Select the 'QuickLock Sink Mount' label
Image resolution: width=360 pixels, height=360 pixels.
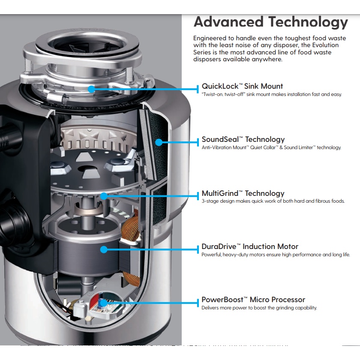(242, 86)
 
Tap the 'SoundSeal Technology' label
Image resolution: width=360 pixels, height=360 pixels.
(243, 139)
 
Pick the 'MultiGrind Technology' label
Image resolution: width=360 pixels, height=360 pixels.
(243, 193)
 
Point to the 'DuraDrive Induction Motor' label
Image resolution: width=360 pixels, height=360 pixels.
(250, 246)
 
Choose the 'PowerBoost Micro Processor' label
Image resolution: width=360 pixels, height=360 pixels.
(253, 300)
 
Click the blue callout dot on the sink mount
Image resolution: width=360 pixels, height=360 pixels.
(91, 89)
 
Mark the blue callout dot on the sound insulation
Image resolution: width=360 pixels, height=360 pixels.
(159, 142)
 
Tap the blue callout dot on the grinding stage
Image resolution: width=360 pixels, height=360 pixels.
(103, 196)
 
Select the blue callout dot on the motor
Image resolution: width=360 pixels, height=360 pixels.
(103, 249)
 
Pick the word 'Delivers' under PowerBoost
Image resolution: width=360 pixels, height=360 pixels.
(211, 308)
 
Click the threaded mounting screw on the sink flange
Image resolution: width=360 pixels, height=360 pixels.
(26, 68)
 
